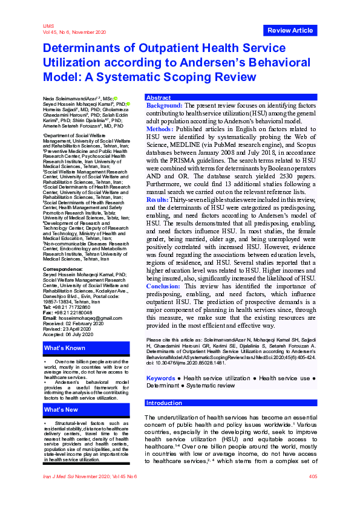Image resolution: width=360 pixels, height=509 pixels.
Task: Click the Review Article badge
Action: click(290, 30)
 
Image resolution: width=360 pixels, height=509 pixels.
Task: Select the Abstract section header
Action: click(159, 97)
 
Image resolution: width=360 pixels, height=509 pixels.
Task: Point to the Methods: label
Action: click(160, 129)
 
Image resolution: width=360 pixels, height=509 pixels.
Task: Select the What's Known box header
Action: click(64, 349)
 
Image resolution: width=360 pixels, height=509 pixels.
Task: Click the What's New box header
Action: click(61, 410)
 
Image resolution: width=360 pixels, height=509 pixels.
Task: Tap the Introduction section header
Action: click(165, 403)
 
